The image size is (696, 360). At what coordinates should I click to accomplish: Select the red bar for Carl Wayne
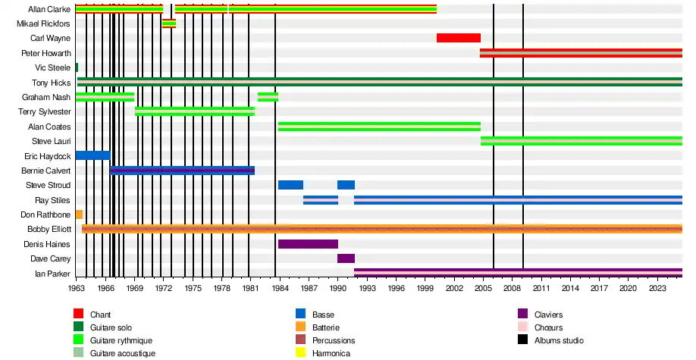pos(458,39)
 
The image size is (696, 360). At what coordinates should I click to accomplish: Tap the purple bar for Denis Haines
pos(308,244)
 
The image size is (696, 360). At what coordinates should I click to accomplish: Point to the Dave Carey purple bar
pos(346,258)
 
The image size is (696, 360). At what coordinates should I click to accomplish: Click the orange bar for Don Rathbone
pos(79,214)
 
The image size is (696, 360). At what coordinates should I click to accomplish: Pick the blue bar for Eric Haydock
pos(92,156)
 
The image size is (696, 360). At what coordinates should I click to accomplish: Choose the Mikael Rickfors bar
pos(168,24)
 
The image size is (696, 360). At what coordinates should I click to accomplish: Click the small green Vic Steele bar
pos(77,68)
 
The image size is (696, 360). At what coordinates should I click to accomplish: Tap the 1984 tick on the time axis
pos(280,288)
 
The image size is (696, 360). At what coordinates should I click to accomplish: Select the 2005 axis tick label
pos(483,288)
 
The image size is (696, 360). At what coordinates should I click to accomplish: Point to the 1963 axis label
pos(77,288)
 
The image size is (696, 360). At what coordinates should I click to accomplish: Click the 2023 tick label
pos(657,288)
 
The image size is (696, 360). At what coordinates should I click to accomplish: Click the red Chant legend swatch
pos(78,315)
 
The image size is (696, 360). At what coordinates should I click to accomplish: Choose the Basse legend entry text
pos(323,315)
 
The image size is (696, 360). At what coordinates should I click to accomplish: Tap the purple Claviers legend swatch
pos(522,315)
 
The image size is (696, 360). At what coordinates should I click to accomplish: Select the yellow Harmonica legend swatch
pos(300,353)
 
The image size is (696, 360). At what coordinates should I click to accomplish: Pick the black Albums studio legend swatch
pos(522,340)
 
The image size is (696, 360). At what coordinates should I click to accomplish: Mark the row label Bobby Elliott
pos(49,229)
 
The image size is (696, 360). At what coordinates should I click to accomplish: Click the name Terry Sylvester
pos(44,112)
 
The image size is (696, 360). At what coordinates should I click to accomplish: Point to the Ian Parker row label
pos(53,273)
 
